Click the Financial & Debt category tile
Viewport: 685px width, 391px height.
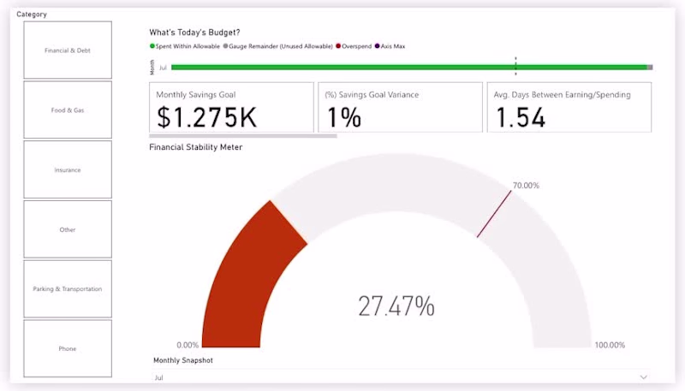click(68, 50)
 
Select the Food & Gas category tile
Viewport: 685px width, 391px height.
click(68, 110)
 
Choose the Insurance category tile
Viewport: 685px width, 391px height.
click(68, 169)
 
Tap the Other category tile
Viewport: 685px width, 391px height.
click(68, 229)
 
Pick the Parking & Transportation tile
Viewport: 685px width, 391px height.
click(68, 289)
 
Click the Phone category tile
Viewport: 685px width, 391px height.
click(68, 348)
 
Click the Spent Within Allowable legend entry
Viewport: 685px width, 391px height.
click(185, 45)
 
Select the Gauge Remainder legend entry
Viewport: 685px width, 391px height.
click(277, 45)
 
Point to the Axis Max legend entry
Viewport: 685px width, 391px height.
click(390, 45)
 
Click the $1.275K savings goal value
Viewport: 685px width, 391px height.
click(206, 117)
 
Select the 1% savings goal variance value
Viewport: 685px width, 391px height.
click(344, 117)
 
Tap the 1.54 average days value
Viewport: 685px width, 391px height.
click(520, 117)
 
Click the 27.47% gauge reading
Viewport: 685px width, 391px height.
click(396, 305)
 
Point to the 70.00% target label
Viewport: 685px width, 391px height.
click(526, 186)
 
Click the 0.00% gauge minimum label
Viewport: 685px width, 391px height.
click(188, 345)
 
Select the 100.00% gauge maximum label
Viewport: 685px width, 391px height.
click(610, 345)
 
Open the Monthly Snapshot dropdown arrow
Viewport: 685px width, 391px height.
click(644, 376)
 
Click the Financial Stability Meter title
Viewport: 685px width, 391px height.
click(195, 147)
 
